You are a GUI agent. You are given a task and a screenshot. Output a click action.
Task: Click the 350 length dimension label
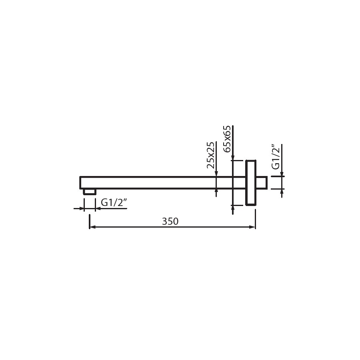point(170,221)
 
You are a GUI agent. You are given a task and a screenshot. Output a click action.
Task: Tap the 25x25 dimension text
point(210,155)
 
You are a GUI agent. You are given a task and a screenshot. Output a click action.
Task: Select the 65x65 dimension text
point(227,139)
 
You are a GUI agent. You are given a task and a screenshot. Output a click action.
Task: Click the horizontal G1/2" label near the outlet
point(114,203)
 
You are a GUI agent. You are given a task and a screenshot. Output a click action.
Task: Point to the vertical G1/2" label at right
point(276,157)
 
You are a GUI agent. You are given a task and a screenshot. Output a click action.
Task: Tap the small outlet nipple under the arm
point(90,192)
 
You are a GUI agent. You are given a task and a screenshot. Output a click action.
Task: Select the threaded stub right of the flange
point(262,183)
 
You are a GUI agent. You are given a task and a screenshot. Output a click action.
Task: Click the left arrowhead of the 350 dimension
point(92,227)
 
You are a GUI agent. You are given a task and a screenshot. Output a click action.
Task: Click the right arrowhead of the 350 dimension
point(252,227)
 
